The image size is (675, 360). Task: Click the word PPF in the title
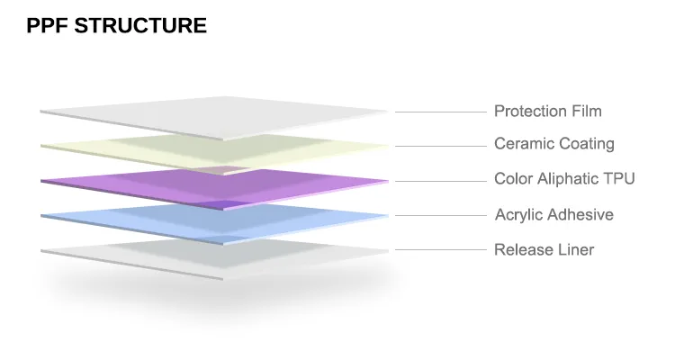(x=47, y=26)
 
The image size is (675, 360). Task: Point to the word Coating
(x=587, y=144)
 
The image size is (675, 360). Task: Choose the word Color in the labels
(x=513, y=179)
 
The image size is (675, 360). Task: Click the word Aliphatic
(x=570, y=179)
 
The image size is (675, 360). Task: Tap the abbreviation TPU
(x=621, y=179)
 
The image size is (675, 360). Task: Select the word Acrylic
(x=518, y=215)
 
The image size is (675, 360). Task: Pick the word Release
(x=521, y=249)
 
